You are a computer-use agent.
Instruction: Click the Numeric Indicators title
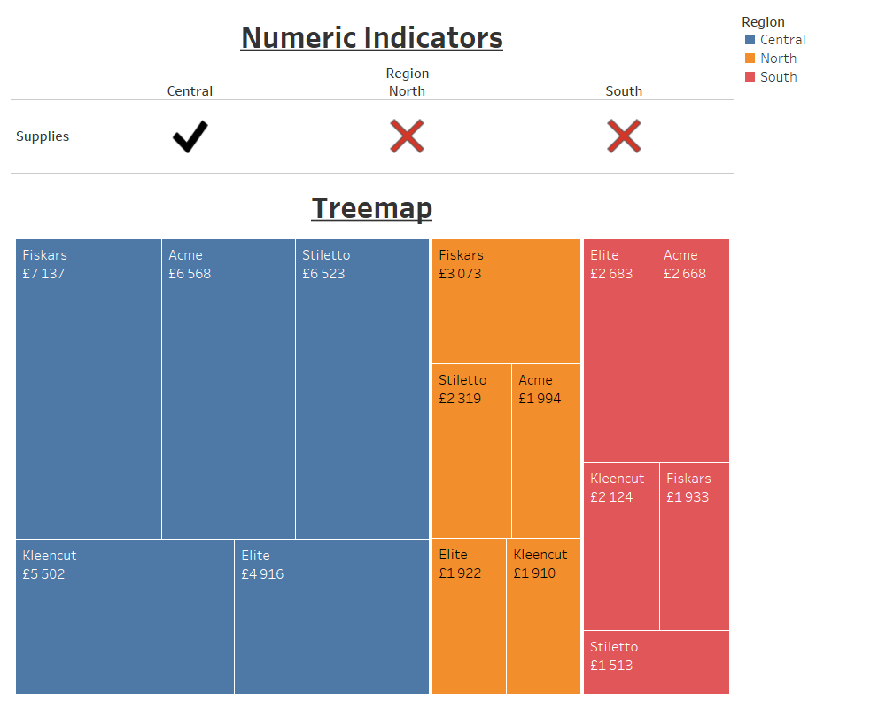click(x=371, y=38)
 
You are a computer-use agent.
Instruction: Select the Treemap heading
click(x=371, y=208)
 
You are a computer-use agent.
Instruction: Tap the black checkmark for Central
click(x=190, y=136)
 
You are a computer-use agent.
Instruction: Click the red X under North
click(x=407, y=136)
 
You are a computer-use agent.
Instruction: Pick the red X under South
click(x=624, y=136)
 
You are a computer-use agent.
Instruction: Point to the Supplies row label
click(x=43, y=136)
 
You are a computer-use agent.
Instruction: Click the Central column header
click(x=190, y=91)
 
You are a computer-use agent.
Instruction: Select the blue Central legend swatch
click(x=750, y=40)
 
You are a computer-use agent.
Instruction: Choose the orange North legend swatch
click(x=750, y=58)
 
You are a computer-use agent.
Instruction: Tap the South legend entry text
click(x=778, y=77)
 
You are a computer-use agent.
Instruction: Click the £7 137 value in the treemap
click(x=43, y=274)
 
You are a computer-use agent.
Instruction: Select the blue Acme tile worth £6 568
click(x=228, y=390)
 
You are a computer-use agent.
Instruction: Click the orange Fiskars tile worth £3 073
click(x=506, y=301)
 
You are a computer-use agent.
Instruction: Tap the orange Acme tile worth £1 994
click(x=546, y=452)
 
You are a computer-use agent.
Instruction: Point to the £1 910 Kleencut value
click(x=535, y=573)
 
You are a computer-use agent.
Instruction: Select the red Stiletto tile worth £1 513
click(x=656, y=662)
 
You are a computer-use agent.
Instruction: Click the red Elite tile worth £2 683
click(x=619, y=350)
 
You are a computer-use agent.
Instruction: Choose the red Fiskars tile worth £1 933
click(x=694, y=546)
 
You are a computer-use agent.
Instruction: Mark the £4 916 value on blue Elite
click(x=262, y=574)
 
